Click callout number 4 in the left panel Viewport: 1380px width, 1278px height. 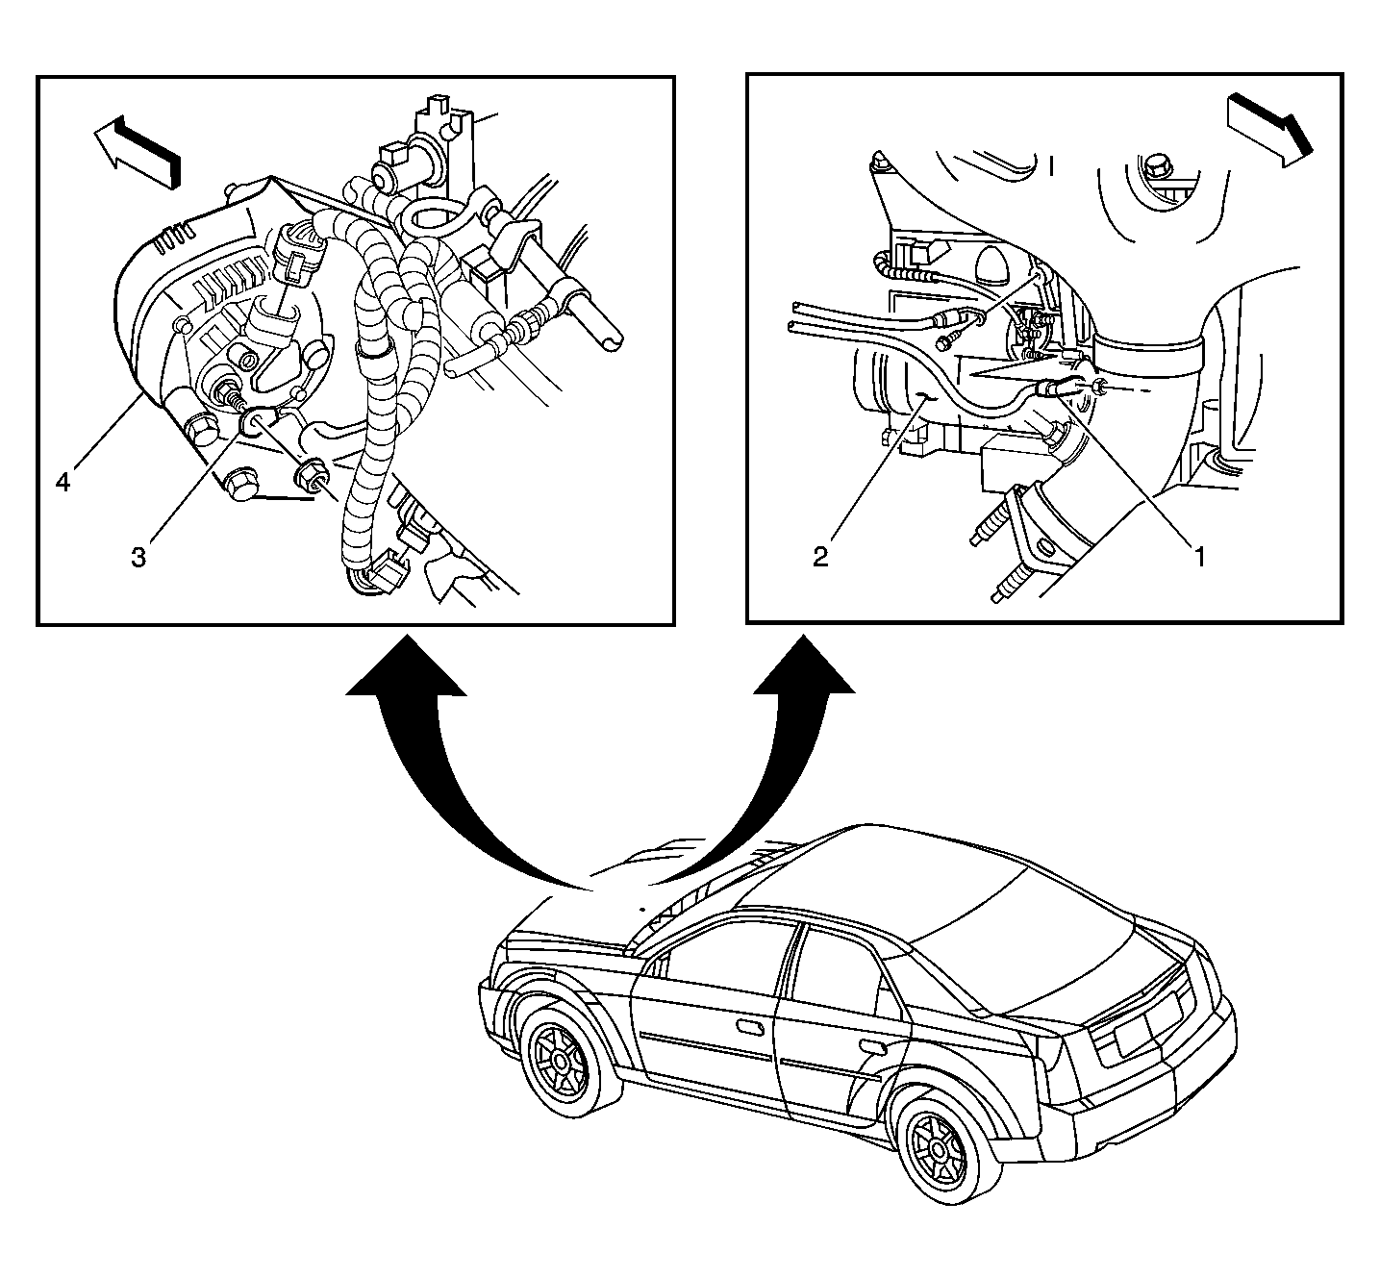[63, 482]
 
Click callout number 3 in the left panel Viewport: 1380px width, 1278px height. [139, 557]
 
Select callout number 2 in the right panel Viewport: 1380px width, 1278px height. [820, 557]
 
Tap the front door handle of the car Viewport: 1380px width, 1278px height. [749, 1027]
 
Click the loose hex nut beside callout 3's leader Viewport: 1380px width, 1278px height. [311, 475]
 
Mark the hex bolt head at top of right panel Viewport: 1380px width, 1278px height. [1154, 166]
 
